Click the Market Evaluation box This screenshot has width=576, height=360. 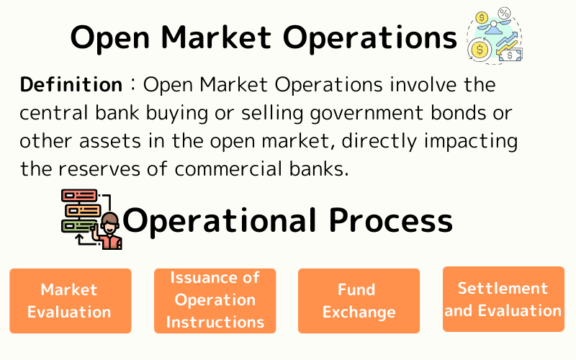coord(70,300)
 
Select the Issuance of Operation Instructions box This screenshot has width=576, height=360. coord(215,300)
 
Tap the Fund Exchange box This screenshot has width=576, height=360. coord(359,300)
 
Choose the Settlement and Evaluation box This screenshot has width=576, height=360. coord(503,299)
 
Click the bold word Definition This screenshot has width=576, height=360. coord(71,85)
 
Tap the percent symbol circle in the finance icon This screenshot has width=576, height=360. coord(504,14)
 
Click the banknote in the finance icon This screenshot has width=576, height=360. coord(510,54)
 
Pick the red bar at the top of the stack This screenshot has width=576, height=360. coord(78,195)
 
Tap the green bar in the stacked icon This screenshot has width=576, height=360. coord(78,225)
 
